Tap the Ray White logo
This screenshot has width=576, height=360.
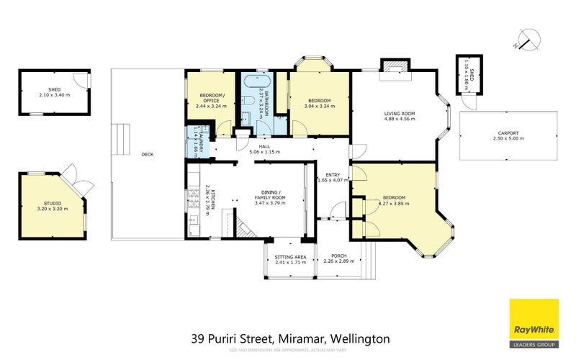coord(534,322)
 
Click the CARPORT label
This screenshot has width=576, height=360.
coord(508,133)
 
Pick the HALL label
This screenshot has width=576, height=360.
coord(264,146)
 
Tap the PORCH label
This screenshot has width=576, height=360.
coord(338,256)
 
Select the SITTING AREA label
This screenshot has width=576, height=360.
coord(290,256)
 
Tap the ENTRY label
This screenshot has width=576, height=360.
coord(332,174)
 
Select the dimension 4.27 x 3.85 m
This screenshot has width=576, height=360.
coord(394,203)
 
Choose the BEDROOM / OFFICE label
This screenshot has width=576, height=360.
coord(211,100)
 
